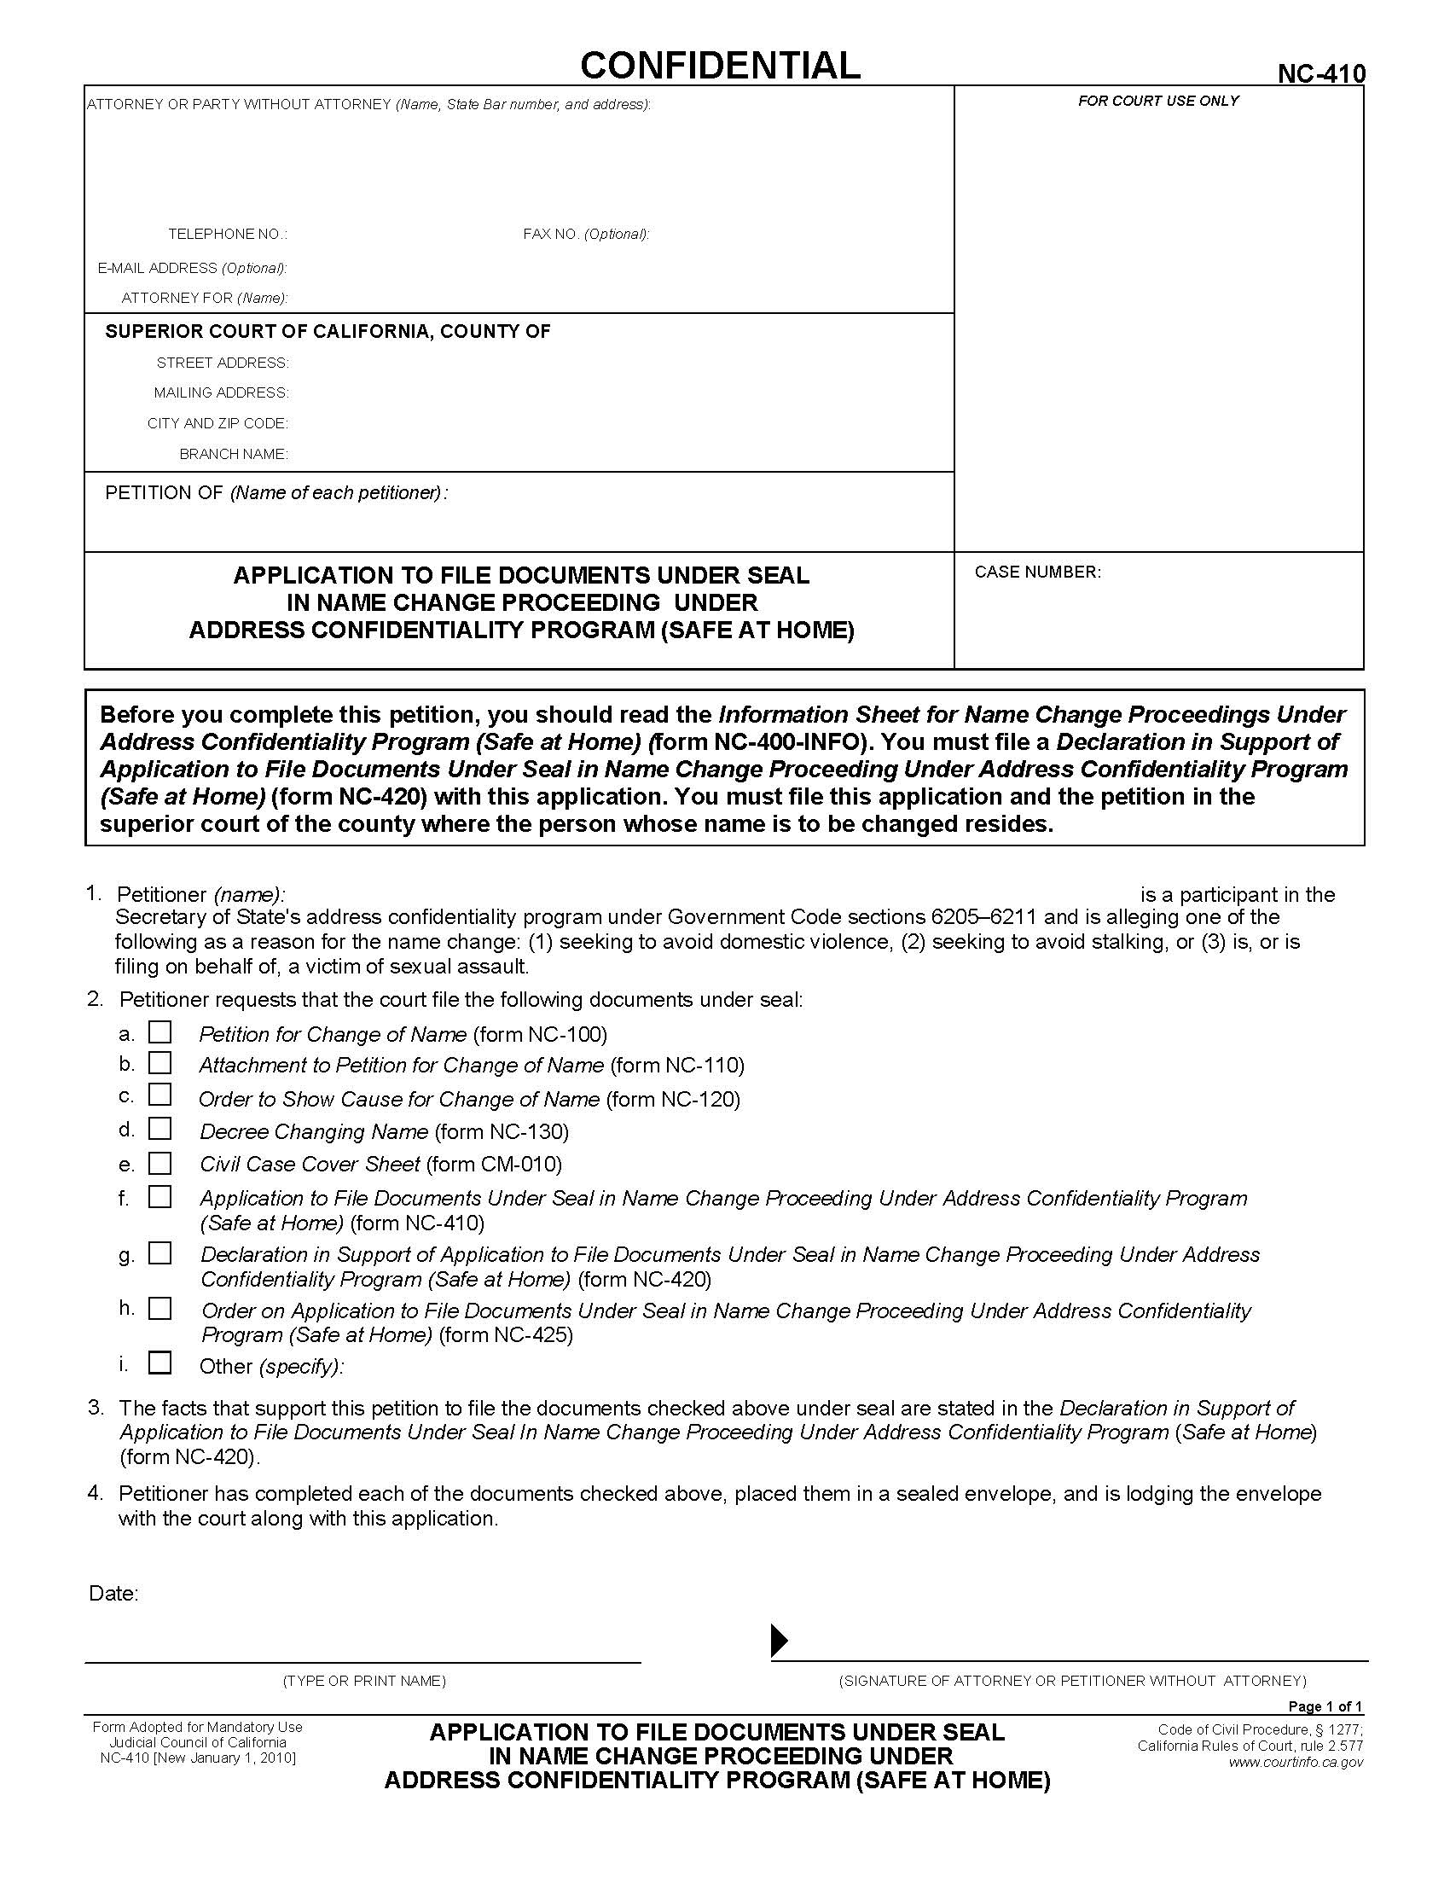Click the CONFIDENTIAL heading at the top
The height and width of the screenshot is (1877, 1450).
click(x=720, y=66)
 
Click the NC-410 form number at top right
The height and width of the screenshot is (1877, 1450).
click(x=1320, y=75)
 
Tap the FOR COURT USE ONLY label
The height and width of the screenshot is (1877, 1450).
click(x=1158, y=102)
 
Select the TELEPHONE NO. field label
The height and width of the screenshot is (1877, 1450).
click(x=227, y=235)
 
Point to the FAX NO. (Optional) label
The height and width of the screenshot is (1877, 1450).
click(x=586, y=235)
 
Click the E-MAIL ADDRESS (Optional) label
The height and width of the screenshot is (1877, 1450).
click(x=192, y=268)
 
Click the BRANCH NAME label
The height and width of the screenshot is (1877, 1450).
click(x=233, y=454)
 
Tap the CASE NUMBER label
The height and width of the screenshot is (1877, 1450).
click(x=1037, y=572)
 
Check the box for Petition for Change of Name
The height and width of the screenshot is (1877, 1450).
click(x=159, y=1032)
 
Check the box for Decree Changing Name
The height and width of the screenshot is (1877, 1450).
click(x=159, y=1129)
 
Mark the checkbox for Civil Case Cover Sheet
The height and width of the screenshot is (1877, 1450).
click(x=159, y=1164)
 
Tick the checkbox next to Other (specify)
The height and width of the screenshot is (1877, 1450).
click(x=159, y=1364)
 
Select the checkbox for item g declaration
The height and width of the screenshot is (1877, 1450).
click(x=159, y=1254)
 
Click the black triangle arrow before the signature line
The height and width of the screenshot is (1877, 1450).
click(x=778, y=1641)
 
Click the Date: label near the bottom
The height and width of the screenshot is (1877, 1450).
click(x=113, y=1594)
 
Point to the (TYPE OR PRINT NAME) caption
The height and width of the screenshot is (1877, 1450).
click(x=364, y=1681)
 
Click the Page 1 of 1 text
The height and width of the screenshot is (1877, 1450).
click(x=1325, y=1707)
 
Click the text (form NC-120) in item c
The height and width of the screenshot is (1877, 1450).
click(x=673, y=1099)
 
